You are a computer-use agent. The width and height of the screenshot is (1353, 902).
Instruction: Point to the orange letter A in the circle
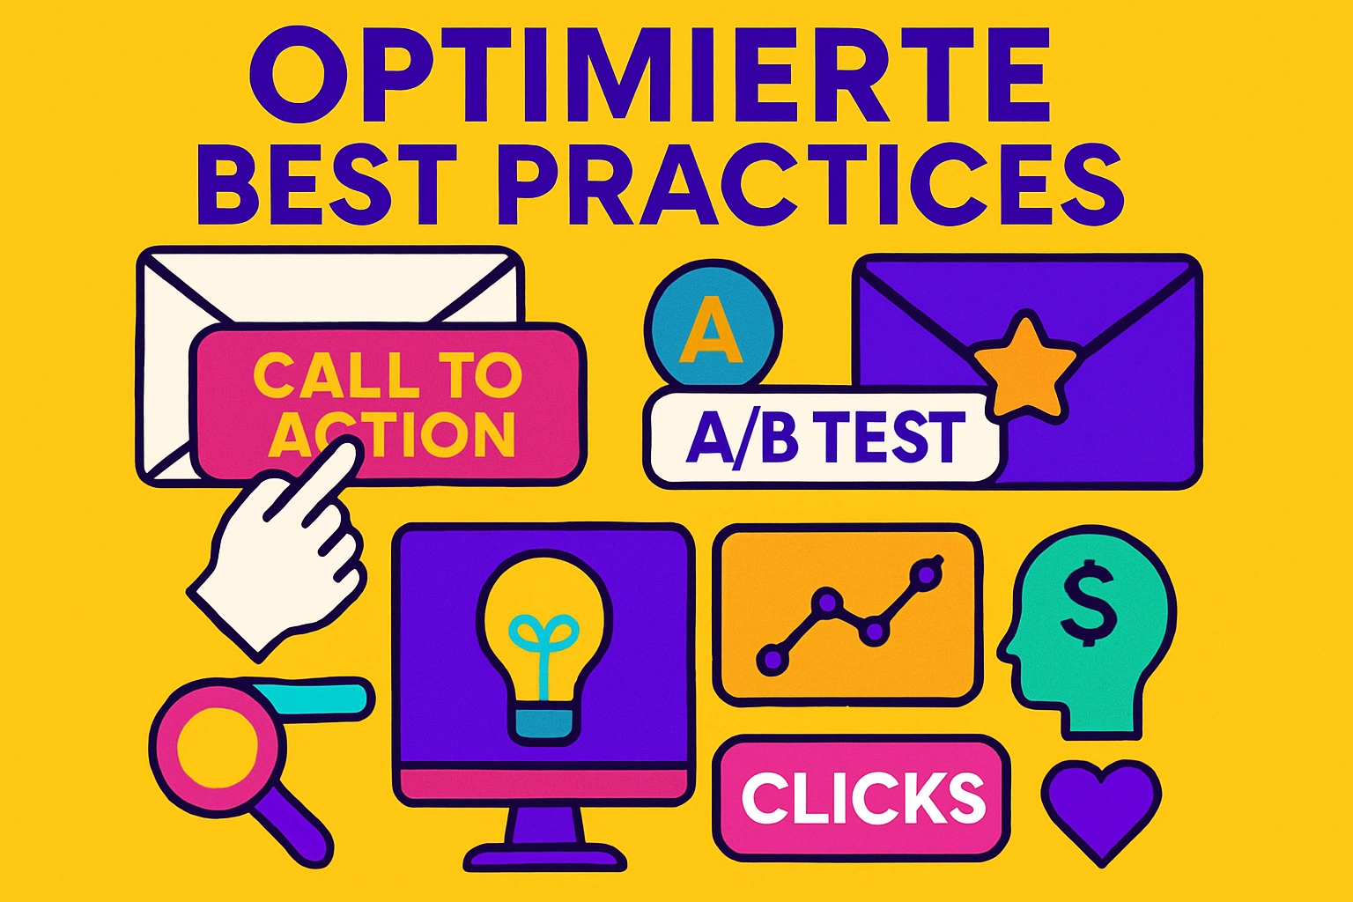(x=711, y=329)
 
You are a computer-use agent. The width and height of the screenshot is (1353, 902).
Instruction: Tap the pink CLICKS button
(x=861, y=797)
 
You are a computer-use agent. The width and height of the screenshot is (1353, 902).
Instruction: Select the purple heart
(x=1102, y=810)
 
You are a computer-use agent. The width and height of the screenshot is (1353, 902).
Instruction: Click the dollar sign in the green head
(x=1089, y=610)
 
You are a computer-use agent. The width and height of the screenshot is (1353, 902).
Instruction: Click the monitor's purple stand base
(x=545, y=856)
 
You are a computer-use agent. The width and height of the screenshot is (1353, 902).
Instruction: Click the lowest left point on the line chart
(x=773, y=659)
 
